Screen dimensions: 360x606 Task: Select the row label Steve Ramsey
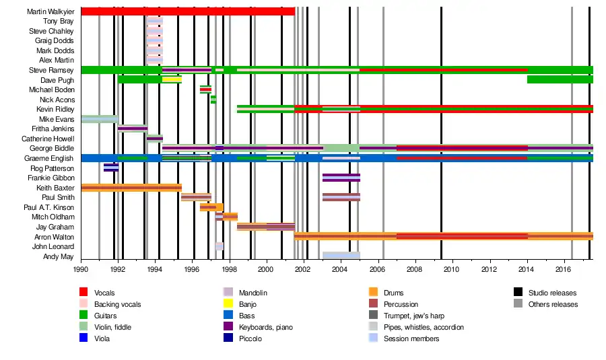[x=51, y=70]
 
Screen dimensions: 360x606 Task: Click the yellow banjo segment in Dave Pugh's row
[x=172, y=79]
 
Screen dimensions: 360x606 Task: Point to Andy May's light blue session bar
[x=341, y=256]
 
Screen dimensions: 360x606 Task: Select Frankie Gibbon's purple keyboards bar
[x=341, y=178]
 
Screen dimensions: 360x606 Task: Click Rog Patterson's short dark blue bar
[x=111, y=168]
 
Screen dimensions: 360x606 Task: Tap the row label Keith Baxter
[x=55, y=188]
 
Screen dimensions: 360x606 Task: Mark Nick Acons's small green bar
[x=213, y=100]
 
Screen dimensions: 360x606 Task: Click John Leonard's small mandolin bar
[x=219, y=246]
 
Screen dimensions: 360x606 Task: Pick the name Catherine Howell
[x=48, y=139]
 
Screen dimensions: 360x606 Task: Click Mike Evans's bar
[x=100, y=119]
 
